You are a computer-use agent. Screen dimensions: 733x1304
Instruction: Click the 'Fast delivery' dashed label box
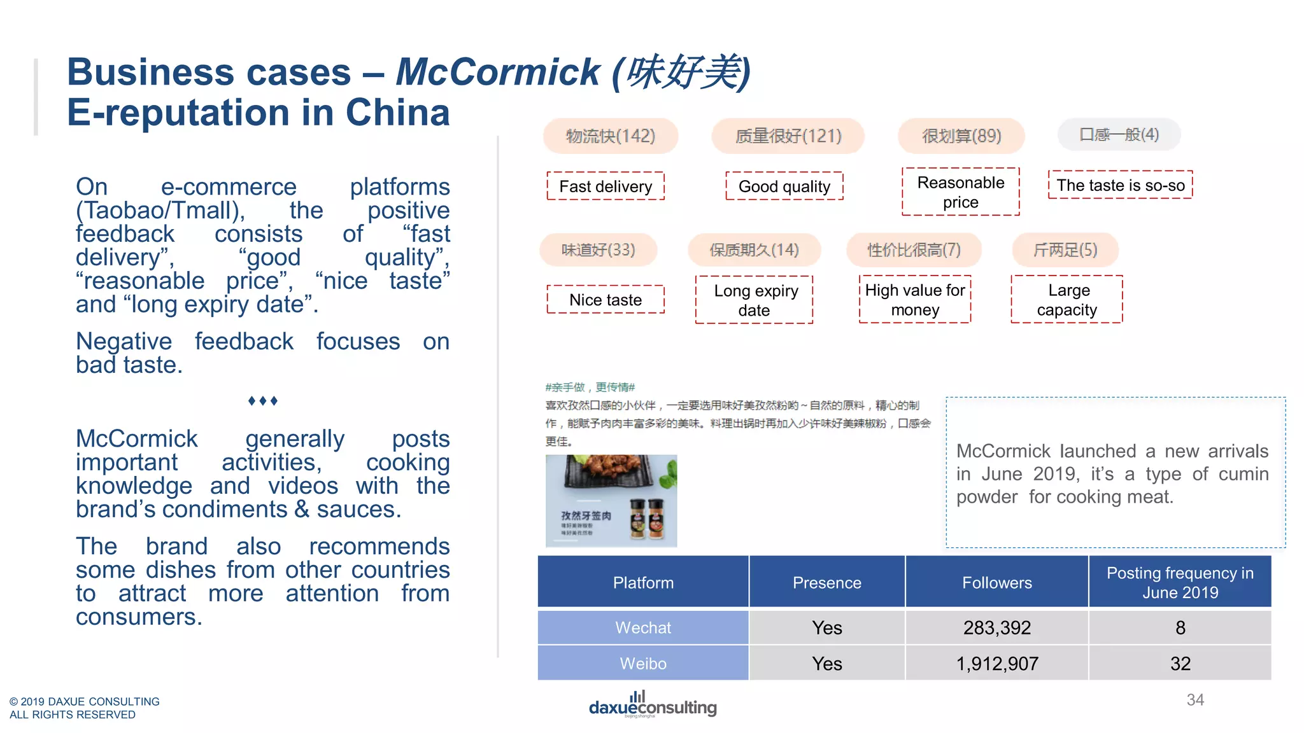(606, 186)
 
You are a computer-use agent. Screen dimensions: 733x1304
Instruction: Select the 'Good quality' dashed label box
(784, 186)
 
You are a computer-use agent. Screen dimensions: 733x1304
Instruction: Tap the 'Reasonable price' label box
(961, 192)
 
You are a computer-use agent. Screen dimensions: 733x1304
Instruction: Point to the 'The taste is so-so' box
(1121, 185)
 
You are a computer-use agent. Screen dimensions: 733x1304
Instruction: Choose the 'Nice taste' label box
(606, 300)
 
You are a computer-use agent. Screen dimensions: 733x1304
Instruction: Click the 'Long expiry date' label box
(755, 300)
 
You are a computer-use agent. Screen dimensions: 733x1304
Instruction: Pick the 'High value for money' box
(915, 300)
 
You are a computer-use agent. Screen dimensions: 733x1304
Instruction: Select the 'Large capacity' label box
(1067, 300)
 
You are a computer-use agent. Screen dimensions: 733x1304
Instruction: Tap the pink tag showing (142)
(611, 136)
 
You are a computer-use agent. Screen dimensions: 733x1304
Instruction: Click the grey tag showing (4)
(1119, 135)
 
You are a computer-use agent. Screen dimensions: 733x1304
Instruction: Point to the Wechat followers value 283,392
(996, 628)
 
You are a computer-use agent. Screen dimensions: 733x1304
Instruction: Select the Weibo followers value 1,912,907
(996, 664)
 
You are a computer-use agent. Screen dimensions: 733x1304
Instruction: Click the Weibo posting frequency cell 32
(1180, 664)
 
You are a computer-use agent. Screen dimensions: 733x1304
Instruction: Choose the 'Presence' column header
(826, 583)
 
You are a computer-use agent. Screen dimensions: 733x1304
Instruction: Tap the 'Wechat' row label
(643, 628)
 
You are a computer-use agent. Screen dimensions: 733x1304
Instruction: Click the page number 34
(1195, 700)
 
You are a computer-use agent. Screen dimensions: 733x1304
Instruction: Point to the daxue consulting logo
(653, 705)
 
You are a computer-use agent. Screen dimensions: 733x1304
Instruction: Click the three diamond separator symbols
(263, 401)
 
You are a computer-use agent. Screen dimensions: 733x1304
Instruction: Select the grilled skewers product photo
(611, 501)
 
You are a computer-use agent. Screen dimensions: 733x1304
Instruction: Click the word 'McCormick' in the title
(498, 71)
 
